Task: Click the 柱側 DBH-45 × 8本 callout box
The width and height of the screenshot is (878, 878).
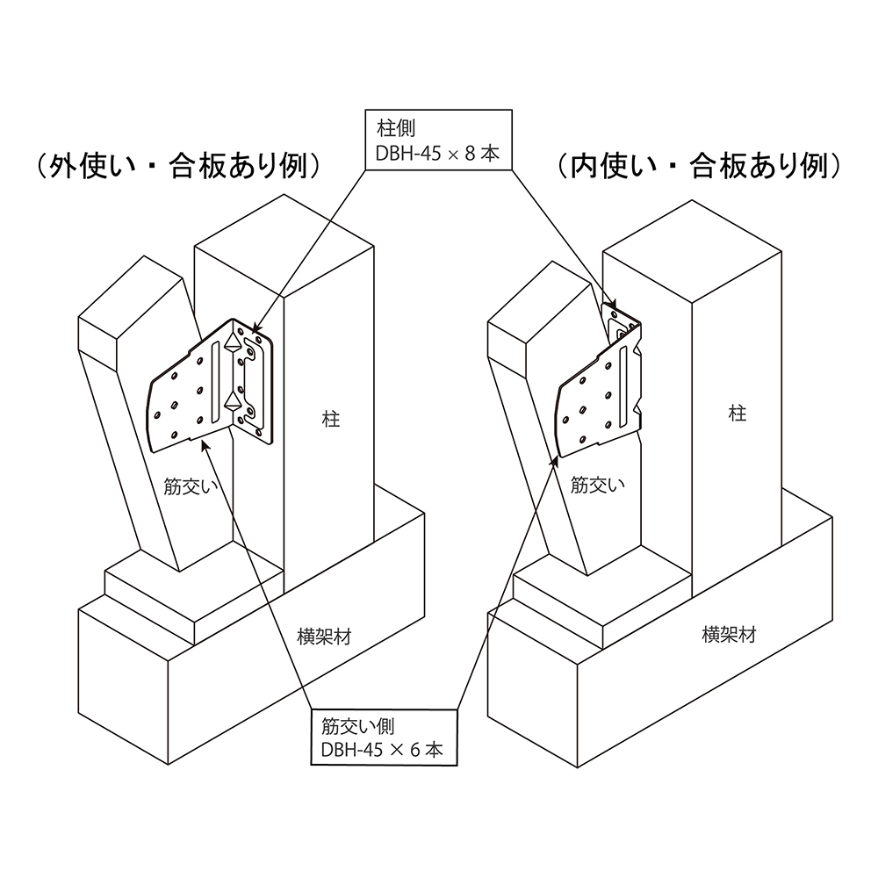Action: pos(438,140)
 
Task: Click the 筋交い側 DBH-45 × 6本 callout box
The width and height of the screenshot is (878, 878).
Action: pos(385,737)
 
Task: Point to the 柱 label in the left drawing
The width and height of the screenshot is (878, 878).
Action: pos(331,419)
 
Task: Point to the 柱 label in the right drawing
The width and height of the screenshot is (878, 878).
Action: pos(738,414)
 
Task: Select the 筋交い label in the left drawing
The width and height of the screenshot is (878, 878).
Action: pos(191,486)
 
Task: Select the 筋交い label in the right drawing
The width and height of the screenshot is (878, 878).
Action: pos(597,485)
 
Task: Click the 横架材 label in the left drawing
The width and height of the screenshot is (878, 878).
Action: pos(324,637)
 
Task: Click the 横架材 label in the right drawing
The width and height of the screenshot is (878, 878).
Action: pos(729,635)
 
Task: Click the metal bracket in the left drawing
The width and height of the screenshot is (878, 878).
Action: pos(212,386)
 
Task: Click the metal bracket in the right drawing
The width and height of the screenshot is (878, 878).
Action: pos(599,381)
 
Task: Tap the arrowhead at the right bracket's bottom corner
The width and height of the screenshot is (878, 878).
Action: pos(556,462)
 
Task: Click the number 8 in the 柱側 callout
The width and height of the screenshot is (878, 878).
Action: pos(470,154)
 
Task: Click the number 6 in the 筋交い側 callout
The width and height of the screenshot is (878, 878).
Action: pos(415,750)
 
